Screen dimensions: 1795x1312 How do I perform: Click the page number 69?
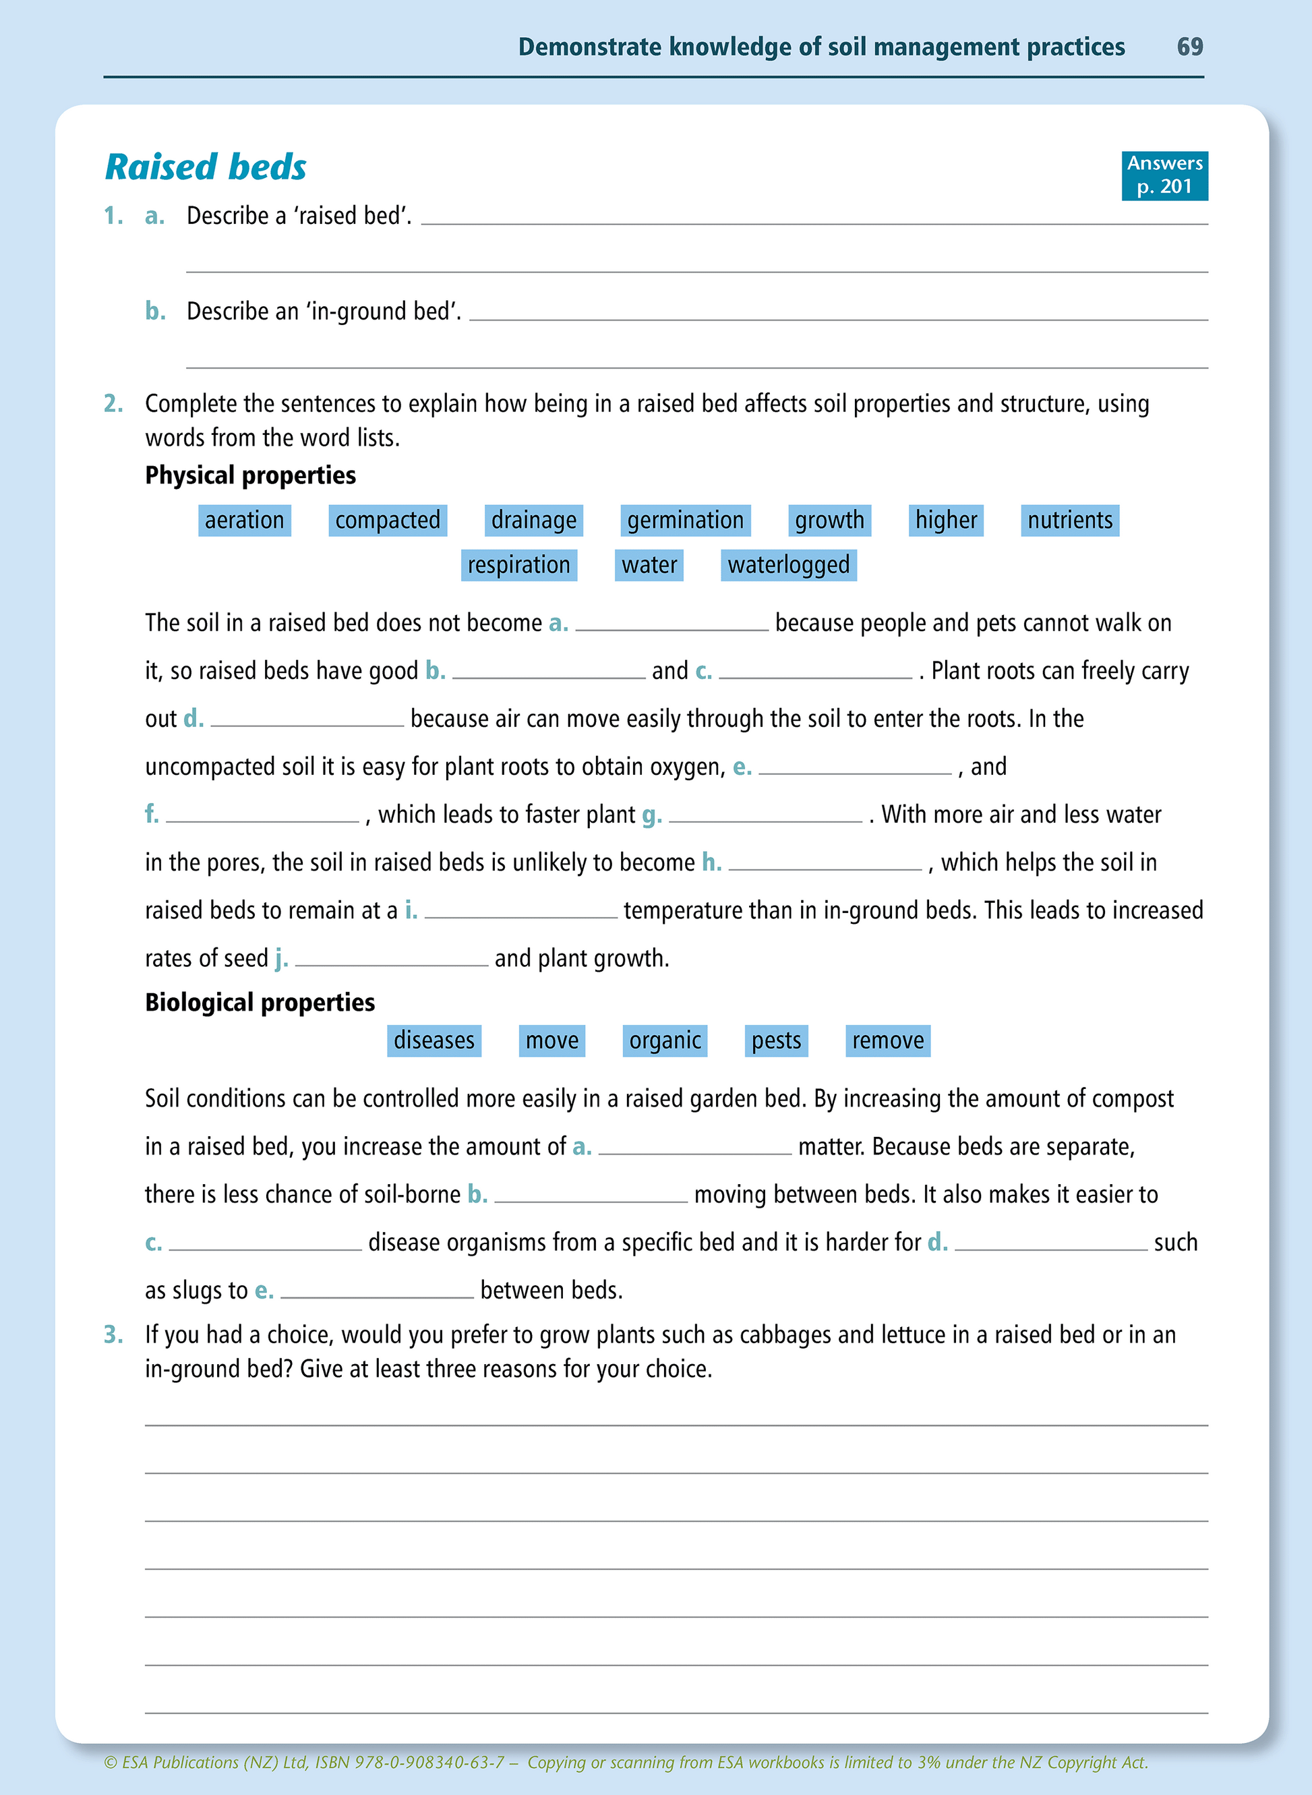click(1189, 47)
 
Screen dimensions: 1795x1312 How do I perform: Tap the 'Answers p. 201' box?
click(1164, 175)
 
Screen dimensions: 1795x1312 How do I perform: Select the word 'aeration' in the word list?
click(245, 521)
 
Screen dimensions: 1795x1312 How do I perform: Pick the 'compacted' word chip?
click(388, 521)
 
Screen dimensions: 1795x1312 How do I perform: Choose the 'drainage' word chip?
click(534, 521)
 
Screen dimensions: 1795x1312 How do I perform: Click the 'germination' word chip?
click(686, 521)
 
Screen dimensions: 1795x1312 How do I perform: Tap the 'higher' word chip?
click(946, 521)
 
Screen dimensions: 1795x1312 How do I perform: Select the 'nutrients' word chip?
click(1070, 521)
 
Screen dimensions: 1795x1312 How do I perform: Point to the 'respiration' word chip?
click(518, 564)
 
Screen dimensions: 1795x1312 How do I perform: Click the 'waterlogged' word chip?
click(789, 564)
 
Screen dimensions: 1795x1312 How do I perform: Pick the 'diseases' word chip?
click(434, 1040)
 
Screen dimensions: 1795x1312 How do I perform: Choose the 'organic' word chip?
click(665, 1040)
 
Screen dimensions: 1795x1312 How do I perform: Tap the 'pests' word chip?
click(776, 1040)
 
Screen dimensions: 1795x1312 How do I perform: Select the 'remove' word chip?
click(888, 1040)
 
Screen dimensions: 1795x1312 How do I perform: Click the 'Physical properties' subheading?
click(250, 475)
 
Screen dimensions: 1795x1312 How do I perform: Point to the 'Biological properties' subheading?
click(260, 1002)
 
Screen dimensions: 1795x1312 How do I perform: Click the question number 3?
click(113, 1334)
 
